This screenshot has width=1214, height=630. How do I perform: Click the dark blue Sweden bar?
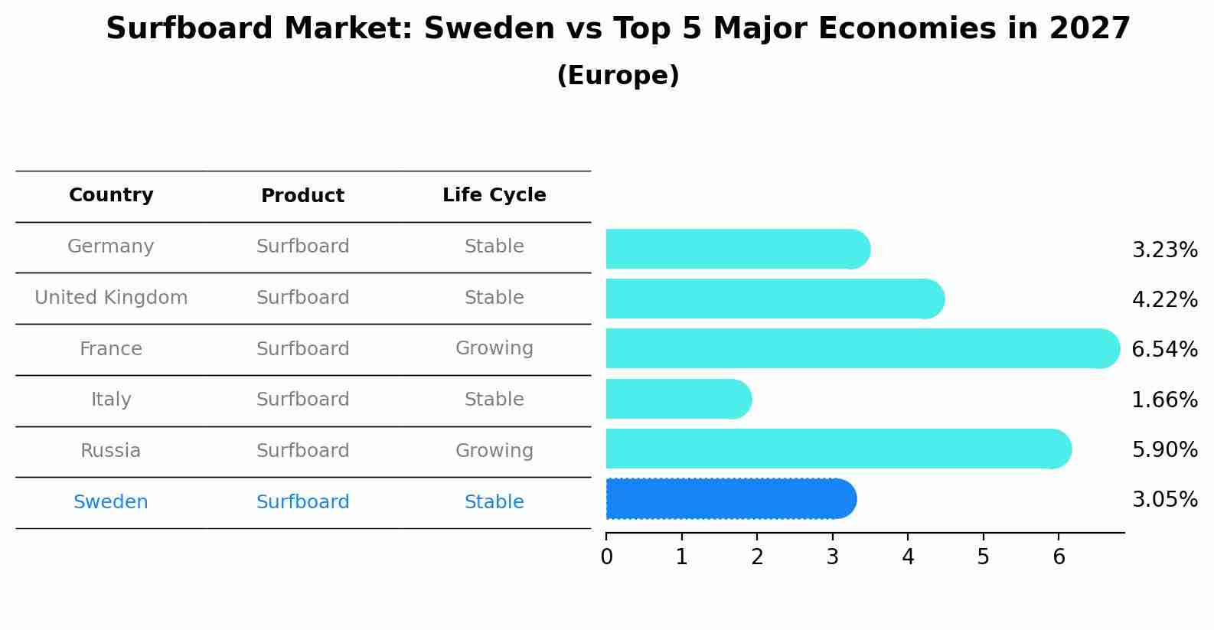(x=731, y=499)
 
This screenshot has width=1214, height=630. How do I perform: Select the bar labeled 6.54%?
(x=863, y=348)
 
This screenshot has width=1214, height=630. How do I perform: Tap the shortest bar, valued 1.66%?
(x=679, y=399)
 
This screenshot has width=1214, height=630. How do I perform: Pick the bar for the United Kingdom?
(x=775, y=299)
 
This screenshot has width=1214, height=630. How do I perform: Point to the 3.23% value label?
(x=1165, y=250)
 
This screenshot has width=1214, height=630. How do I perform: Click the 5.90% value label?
(x=1165, y=449)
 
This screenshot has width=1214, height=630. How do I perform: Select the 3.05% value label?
(x=1165, y=499)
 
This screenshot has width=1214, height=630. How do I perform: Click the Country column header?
(x=111, y=194)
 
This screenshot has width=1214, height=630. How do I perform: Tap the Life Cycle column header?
(x=494, y=194)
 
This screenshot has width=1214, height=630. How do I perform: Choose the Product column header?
(x=302, y=195)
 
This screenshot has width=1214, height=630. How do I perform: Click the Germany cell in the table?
(x=110, y=246)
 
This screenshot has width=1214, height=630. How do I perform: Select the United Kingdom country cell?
(x=111, y=298)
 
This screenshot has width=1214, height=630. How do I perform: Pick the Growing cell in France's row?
(x=494, y=348)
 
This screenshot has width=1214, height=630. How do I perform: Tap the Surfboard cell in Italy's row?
(x=302, y=399)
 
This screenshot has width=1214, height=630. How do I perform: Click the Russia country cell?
(x=110, y=451)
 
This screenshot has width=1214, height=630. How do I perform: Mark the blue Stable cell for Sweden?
(x=494, y=502)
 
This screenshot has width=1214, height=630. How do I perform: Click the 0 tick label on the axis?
(x=606, y=557)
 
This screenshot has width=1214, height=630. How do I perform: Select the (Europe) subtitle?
(x=618, y=75)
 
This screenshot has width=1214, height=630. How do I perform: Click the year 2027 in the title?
(x=1090, y=28)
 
